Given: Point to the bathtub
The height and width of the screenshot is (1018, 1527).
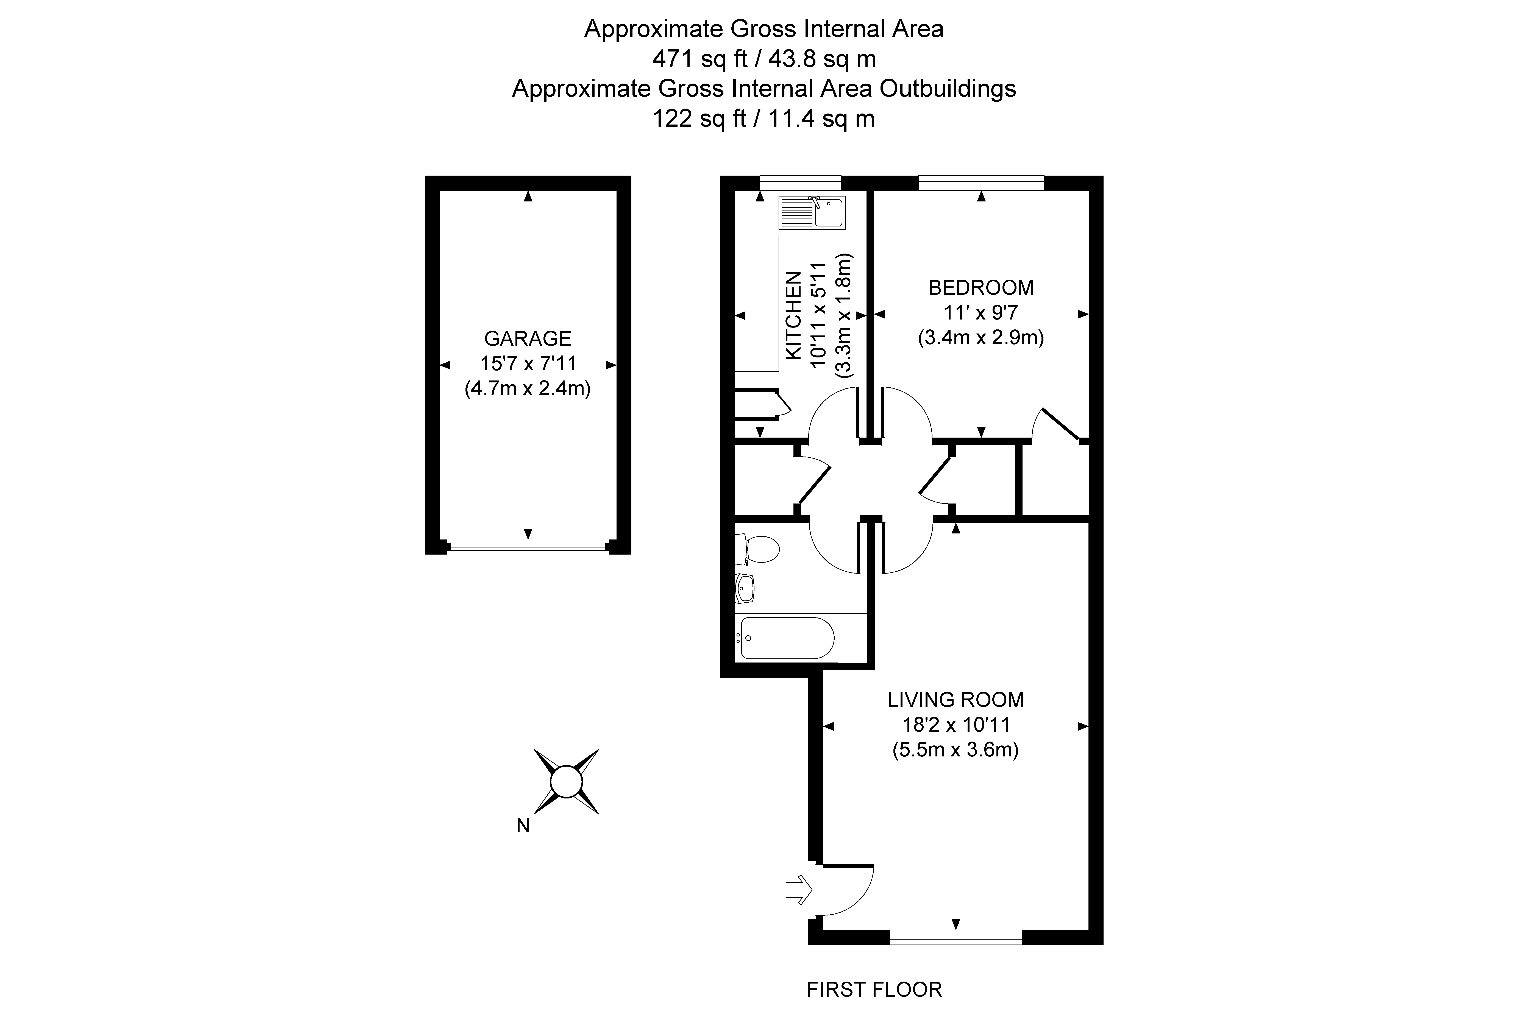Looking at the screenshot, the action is point(787,638).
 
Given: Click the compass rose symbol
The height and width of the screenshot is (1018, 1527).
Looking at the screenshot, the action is point(565,782).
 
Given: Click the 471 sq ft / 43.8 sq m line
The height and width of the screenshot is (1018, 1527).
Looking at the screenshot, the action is point(763,59).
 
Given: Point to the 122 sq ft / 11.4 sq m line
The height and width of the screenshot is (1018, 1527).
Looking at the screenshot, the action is point(763,119).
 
